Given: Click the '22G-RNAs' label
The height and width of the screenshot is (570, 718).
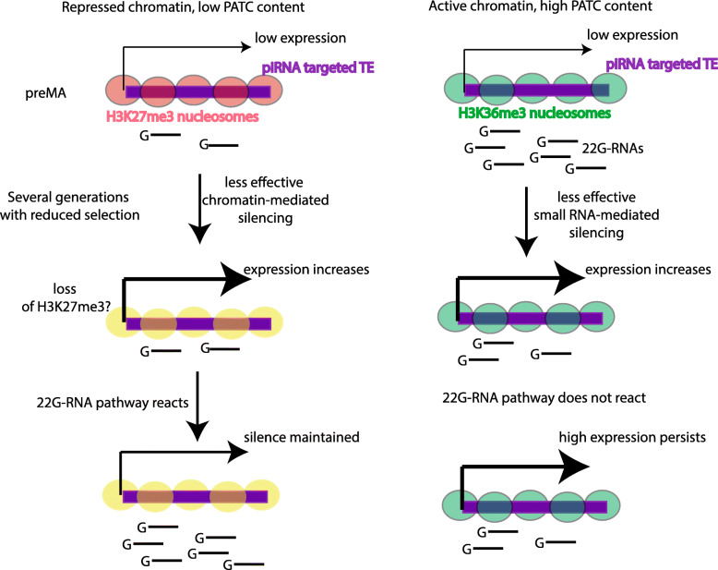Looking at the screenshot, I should [609, 146].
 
